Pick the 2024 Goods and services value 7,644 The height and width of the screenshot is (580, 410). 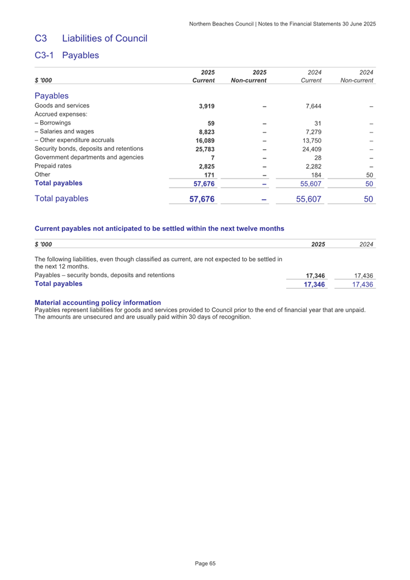(x=311, y=106)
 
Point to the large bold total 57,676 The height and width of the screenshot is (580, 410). (x=199, y=199)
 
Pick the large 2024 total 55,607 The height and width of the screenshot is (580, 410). (x=307, y=199)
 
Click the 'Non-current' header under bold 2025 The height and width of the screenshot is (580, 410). (x=250, y=80)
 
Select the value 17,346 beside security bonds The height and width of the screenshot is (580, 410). (x=315, y=276)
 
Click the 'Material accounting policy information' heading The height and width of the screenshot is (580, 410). (x=98, y=302)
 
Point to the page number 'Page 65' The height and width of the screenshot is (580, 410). (x=205, y=563)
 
